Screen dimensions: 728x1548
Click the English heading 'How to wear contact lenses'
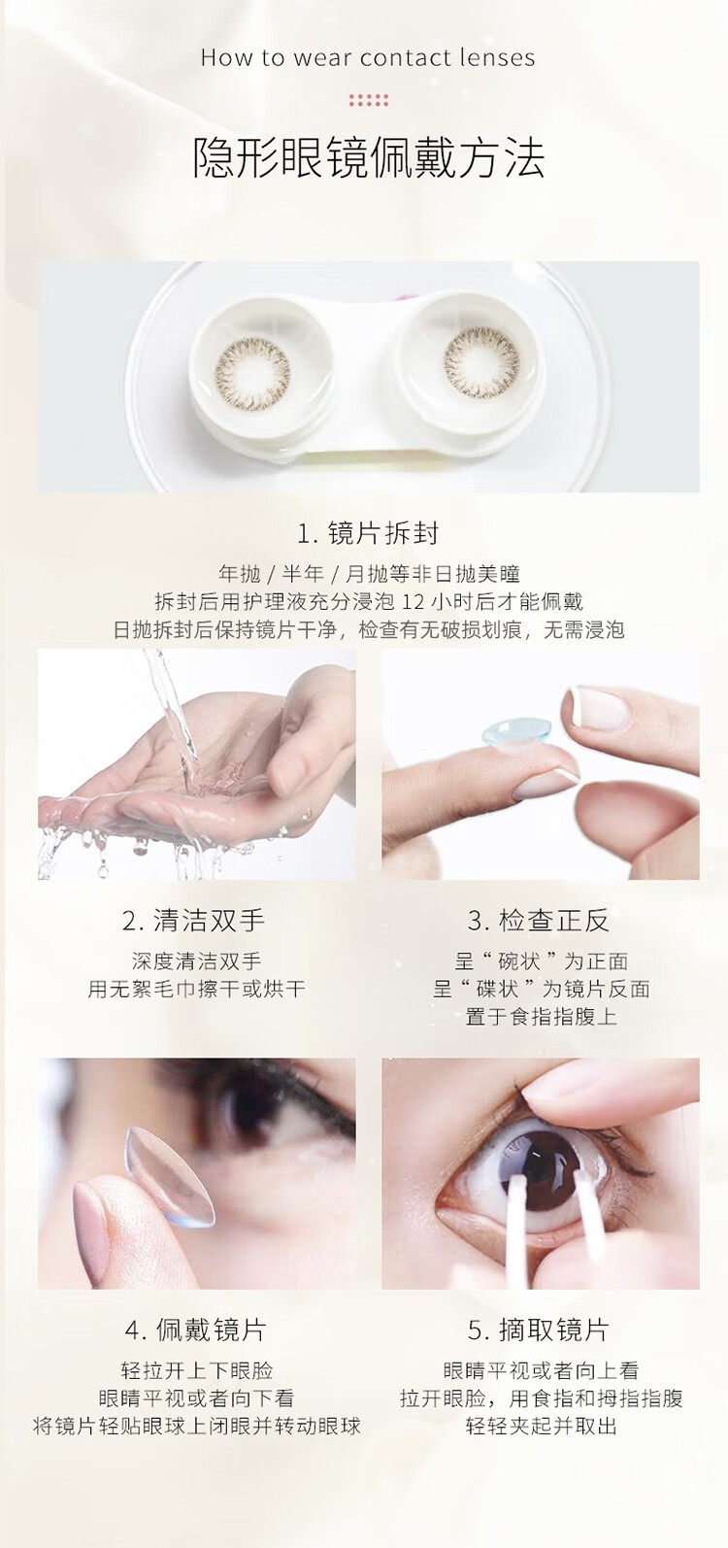pos(368,57)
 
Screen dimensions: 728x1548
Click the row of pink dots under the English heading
pos(368,100)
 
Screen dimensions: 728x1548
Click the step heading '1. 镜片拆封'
pos(368,533)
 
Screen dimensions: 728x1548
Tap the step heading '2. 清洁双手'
pos(194,921)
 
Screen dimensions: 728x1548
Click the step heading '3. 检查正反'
pos(538,921)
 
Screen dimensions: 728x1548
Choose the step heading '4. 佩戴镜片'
pos(195,1329)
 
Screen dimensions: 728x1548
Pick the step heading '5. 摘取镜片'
pos(539,1329)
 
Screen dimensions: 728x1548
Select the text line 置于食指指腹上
pos(541,1017)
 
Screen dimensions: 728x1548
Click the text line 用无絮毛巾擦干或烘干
pos(196,989)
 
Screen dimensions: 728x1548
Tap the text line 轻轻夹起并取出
pos(541,1425)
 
